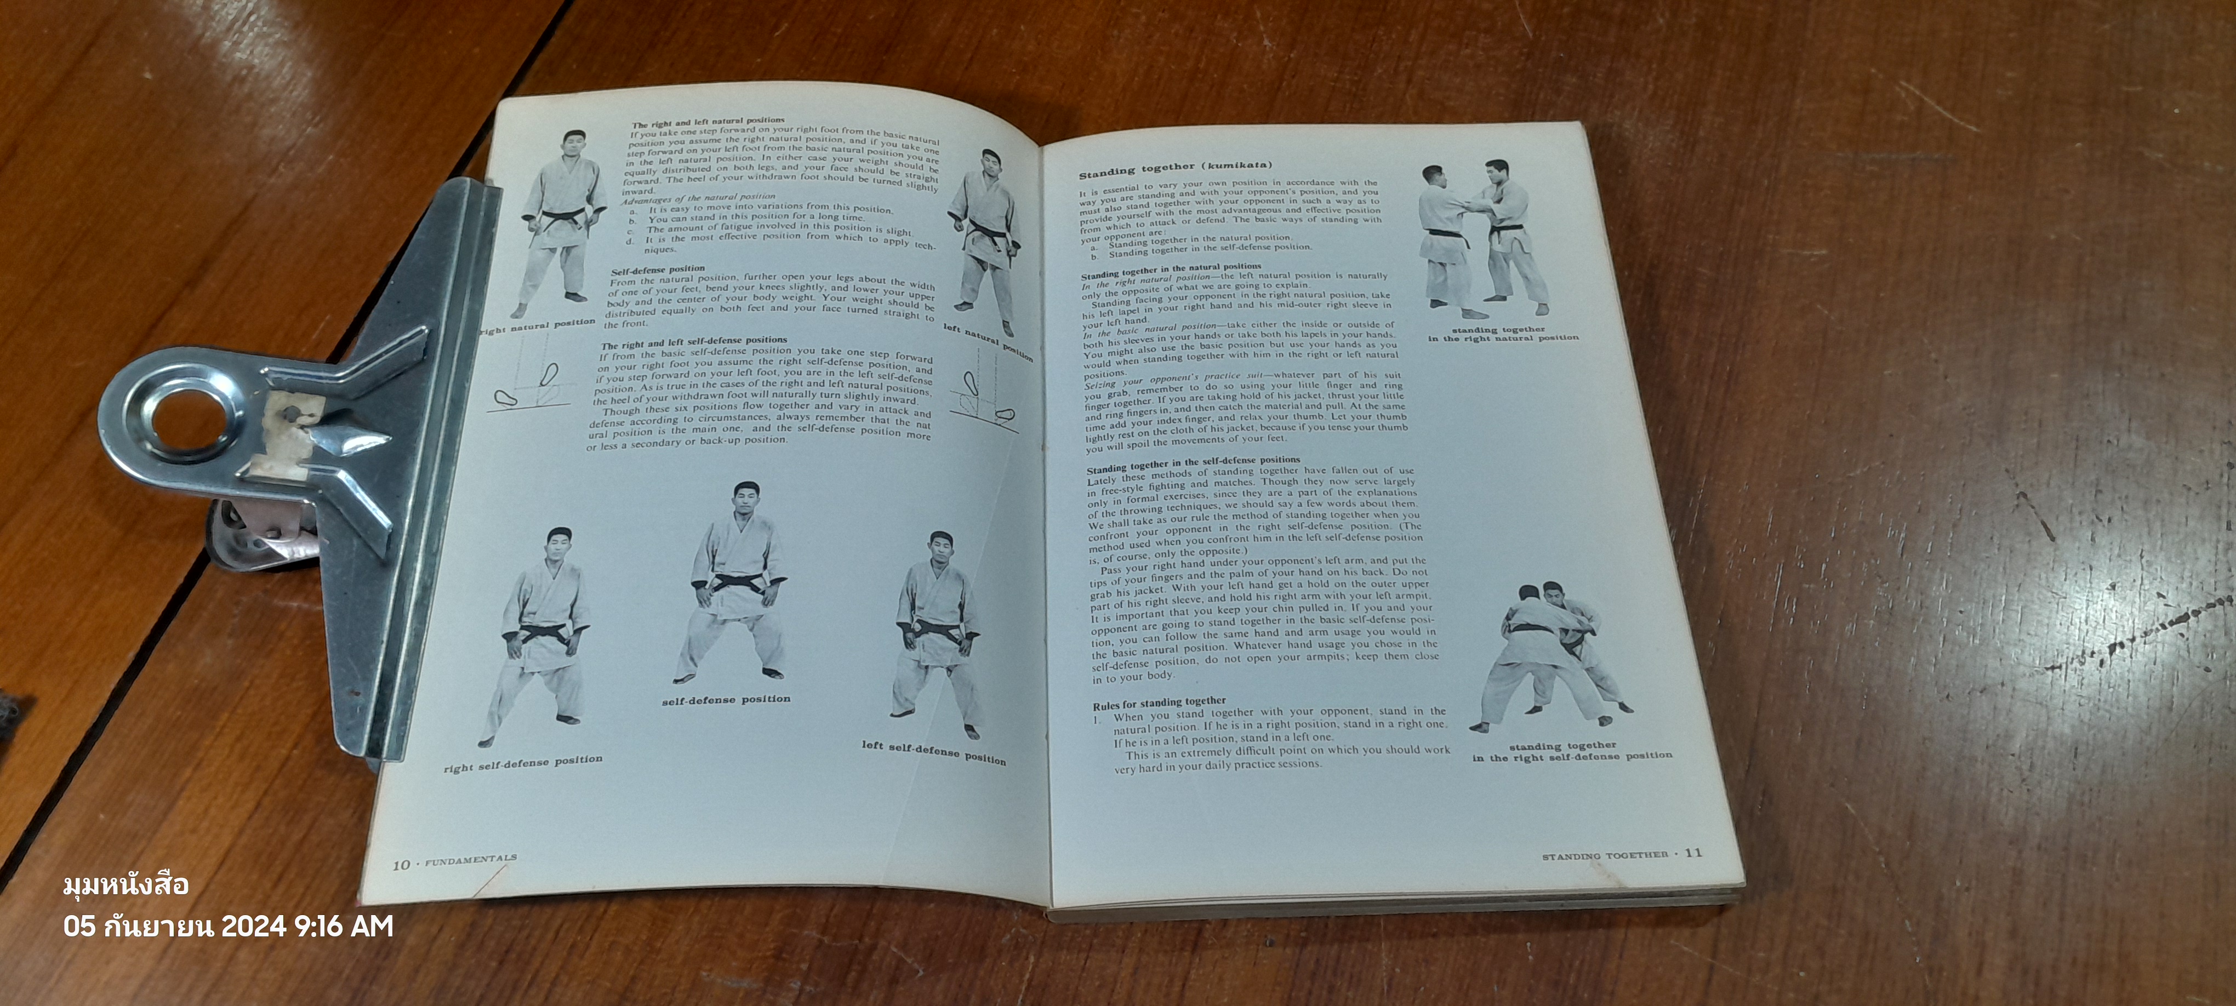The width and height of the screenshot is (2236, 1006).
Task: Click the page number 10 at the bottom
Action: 400,865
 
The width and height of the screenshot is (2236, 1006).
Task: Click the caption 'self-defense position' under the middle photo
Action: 726,699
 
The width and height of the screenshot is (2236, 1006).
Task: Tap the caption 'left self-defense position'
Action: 933,752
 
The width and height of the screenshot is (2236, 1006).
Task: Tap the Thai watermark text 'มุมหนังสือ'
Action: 126,885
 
